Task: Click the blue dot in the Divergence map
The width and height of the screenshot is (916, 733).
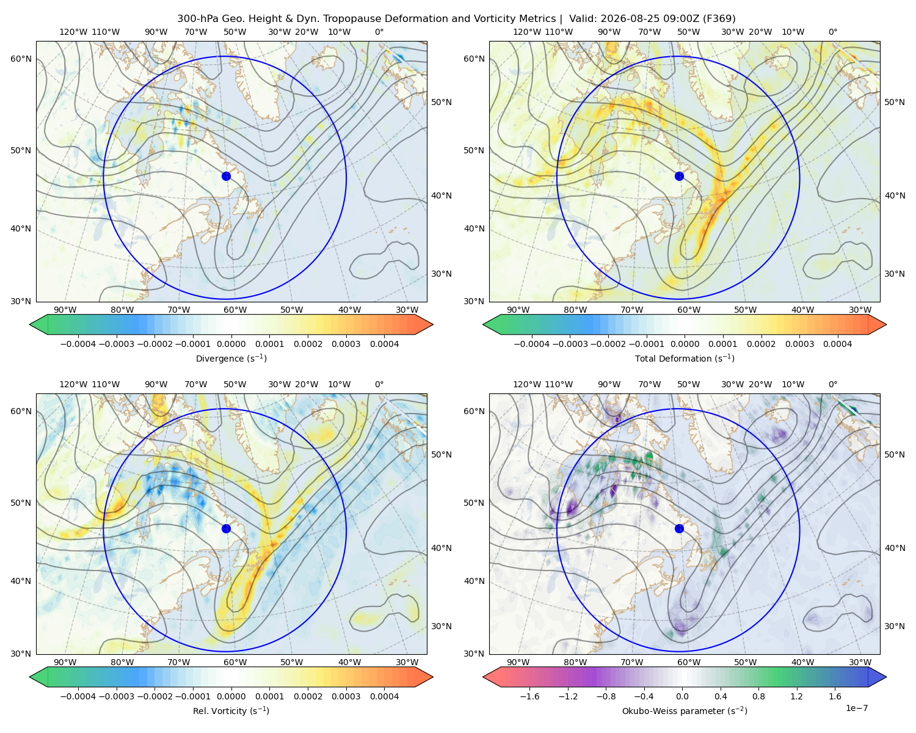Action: point(226,176)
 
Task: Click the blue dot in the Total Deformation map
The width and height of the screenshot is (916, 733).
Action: point(679,176)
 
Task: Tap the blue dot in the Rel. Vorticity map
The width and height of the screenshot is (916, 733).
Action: point(226,528)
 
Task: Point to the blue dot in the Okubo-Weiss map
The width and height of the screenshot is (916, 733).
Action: point(679,528)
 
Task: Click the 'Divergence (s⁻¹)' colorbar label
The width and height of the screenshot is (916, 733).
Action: point(231,358)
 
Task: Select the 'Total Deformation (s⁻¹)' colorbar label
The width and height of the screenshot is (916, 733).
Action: point(685,358)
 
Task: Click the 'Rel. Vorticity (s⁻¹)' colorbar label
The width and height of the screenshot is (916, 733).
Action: point(231,710)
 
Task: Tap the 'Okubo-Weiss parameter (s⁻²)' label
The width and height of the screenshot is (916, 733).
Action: point(685,710)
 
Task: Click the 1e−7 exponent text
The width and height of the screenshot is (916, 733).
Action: point(856,708)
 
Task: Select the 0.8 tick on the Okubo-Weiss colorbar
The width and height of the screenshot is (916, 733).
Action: point(758,696)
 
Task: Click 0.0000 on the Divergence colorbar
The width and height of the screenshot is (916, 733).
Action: point(231,344)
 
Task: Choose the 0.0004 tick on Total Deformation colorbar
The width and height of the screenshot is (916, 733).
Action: point(837,344)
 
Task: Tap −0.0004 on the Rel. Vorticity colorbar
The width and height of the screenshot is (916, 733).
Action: point(78,696)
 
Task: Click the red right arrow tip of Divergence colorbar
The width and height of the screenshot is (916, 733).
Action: point(433,324)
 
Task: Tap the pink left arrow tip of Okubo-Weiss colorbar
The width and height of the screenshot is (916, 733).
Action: point(483,677)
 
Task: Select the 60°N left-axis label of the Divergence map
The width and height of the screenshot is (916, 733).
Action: point(21,59)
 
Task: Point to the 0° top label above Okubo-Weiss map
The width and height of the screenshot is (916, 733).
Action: point(832,384)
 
